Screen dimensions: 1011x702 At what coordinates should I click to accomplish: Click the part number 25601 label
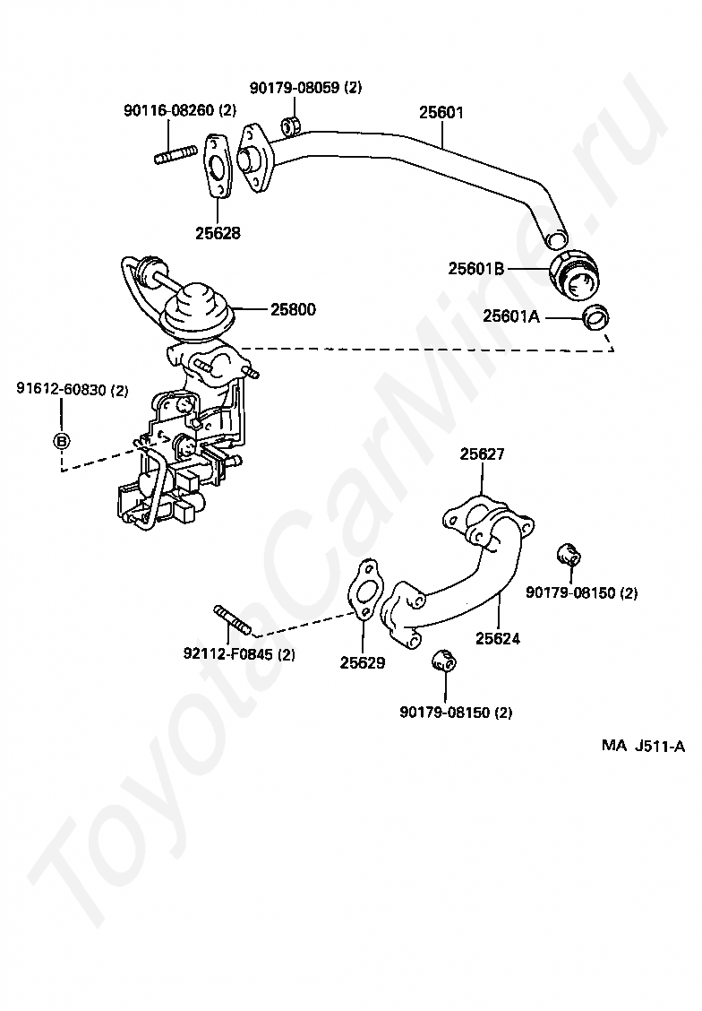click(x=441, y=113)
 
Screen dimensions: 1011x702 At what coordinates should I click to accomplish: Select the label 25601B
click(x=477, y=268)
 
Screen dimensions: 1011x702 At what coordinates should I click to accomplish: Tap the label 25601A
click(x=511, y=315)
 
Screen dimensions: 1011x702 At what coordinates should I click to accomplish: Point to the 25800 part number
click(x=294, y=310)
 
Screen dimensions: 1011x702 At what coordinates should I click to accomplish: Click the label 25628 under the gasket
click(x=218, y=233)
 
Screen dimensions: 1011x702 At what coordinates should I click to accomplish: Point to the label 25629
click(x=363, y=663)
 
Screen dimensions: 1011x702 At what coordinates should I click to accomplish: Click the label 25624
click(x=498, y=639)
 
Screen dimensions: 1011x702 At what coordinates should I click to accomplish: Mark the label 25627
click(x=483, y=454)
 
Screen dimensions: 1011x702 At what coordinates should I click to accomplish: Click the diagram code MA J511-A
click(x=643, y=746)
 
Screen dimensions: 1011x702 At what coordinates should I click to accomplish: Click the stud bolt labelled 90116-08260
click(x=175, y=155)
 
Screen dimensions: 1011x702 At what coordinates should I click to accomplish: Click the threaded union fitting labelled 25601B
click(x=573, y=275)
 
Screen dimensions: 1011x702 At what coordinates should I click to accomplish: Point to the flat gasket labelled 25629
click(x=365, y=593)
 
